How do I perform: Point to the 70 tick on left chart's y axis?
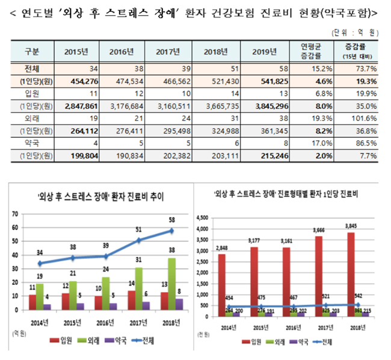pos(14,214)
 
